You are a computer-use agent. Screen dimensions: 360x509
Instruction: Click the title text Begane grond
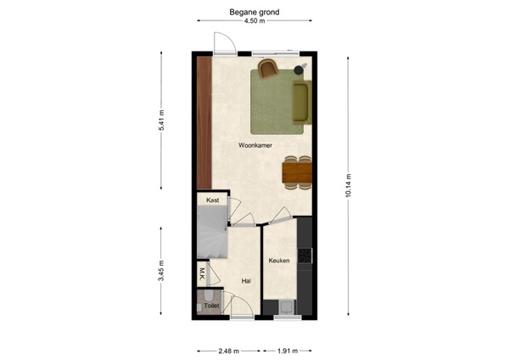coord(254,13)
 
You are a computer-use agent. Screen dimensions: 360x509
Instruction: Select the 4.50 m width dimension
coord(254,22)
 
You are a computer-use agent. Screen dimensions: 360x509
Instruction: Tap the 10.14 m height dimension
coord(348,184)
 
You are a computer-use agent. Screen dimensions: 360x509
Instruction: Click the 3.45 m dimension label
coord(161,270)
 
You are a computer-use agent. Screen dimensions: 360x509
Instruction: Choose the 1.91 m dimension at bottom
coord(288,350)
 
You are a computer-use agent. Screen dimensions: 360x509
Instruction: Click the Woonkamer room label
coord(254,145)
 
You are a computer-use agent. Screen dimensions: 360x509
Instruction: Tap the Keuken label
coord(280,261)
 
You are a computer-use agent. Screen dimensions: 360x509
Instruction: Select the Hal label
coord(245,280)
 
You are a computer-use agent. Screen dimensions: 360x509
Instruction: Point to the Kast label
coord(212,200)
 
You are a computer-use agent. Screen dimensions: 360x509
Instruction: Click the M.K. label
coord(202,273)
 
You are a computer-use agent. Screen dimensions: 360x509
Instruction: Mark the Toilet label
coord(211,305)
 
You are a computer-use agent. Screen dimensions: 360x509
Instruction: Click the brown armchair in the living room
coord(268,68)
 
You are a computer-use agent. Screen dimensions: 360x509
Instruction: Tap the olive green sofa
coord(301,100)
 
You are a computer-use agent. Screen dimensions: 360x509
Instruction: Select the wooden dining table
coord(297,173)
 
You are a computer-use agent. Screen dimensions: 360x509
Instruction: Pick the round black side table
coord(299,69)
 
